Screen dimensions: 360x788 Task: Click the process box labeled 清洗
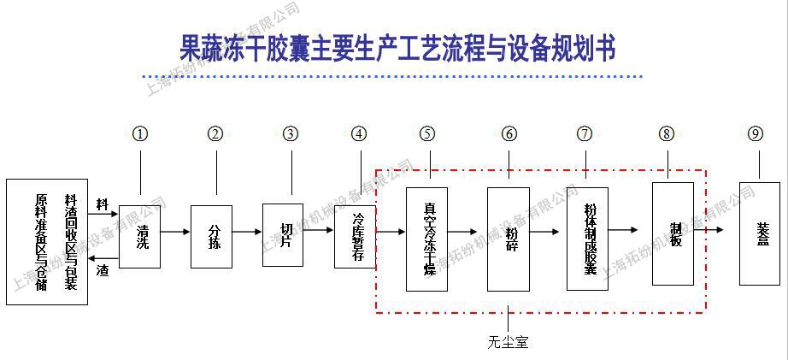tap(139, 237)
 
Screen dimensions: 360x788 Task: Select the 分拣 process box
tap(212, 237)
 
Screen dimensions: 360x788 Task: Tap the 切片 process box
tap(284, 235)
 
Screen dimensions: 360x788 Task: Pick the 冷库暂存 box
tap(356, 236)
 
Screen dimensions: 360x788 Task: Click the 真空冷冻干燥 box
tap(427, 239)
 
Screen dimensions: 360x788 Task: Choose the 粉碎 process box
tap(509, 239)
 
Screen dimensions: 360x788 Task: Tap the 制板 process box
tap(673, 233)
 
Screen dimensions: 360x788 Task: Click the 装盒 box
tap(760, 233)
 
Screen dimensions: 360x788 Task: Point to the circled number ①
tap(140, 133)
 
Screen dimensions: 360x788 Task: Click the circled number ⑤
tap(427, 133)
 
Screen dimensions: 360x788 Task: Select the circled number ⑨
tap(755, 133)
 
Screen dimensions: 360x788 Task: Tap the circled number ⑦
tap(585, 133)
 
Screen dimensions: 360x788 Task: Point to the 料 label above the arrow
tap(103, 205)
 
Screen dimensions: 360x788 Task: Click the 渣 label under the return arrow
tap(103, 269)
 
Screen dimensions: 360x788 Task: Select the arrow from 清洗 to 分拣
tap(175, 232)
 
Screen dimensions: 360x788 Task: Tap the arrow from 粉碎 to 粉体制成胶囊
tap(548, 231)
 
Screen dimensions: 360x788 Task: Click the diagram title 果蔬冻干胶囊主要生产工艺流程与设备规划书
tap(398, 48)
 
